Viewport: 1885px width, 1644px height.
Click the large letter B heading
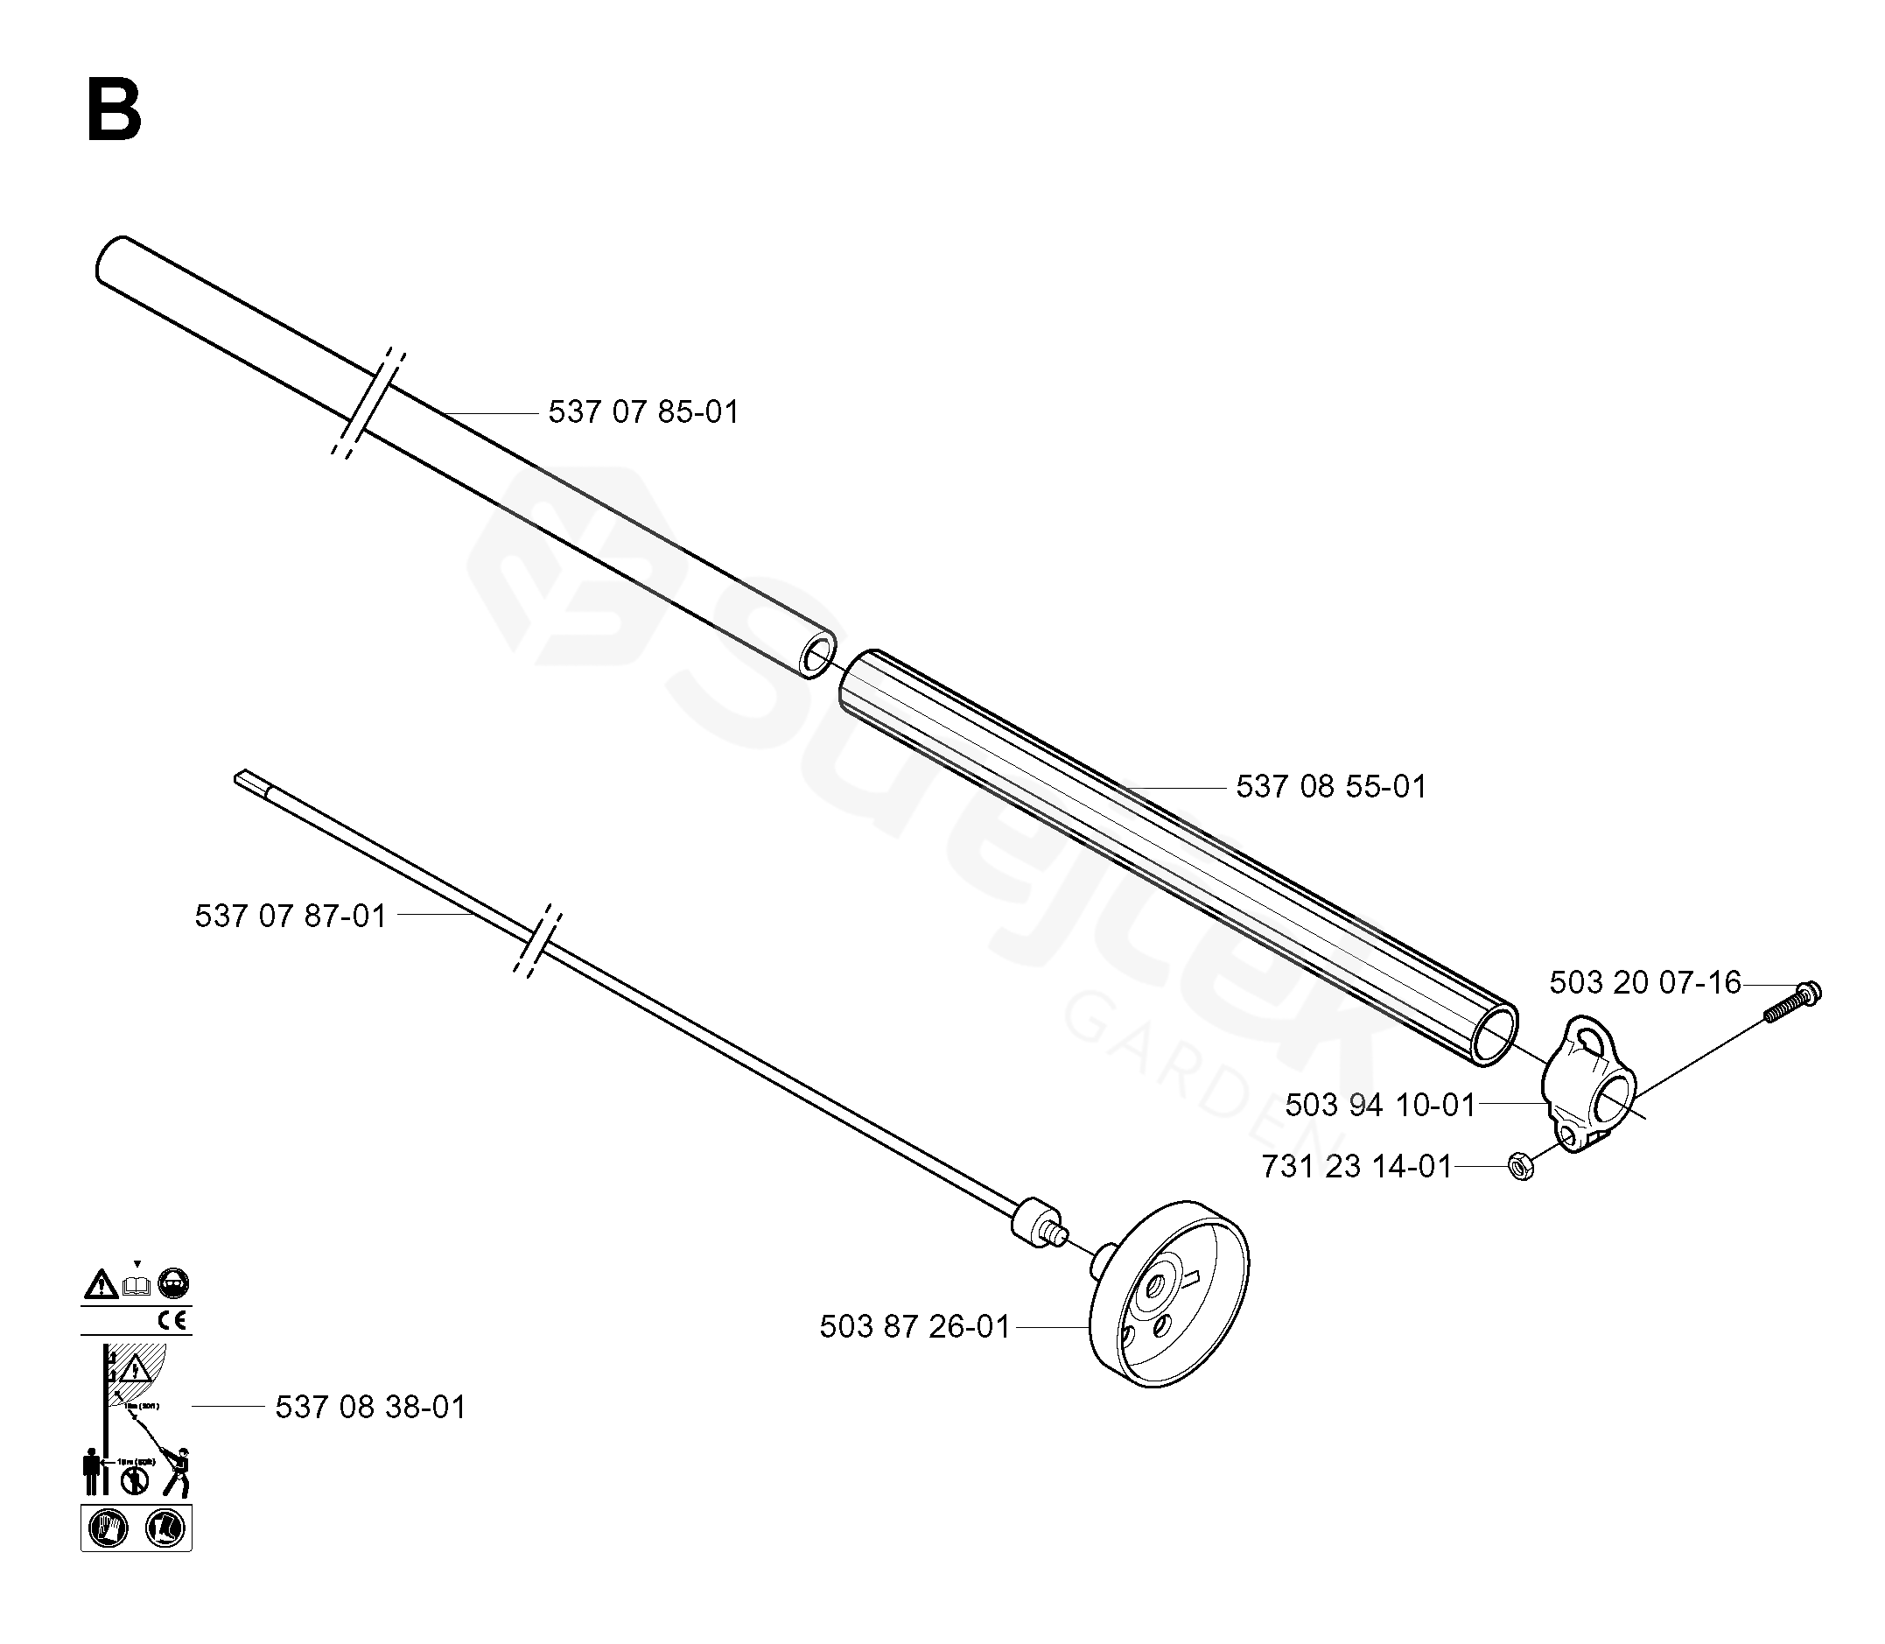[114, 110]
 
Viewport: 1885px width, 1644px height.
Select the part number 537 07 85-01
[643, 412]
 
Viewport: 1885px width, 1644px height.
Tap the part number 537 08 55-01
[1331, 787]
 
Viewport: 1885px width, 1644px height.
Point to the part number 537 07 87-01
[290, 916]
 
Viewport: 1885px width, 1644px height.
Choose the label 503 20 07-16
[1644, 982]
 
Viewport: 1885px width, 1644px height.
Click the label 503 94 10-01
[1379, 1105]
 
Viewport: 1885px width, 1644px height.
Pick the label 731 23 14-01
[1356, 1167]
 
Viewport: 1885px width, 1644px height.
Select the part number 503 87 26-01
[914, 1326]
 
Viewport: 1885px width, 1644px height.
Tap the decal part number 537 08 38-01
[370, 1407]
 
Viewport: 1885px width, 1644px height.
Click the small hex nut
[1521, 1167]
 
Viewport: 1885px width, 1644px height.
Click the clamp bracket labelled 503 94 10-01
[1587, 1084]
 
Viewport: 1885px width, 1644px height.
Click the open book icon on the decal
[137, 1286]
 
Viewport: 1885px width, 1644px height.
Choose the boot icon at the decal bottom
[165, 1528]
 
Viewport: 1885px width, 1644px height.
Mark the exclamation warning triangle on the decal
[100, 1284]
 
